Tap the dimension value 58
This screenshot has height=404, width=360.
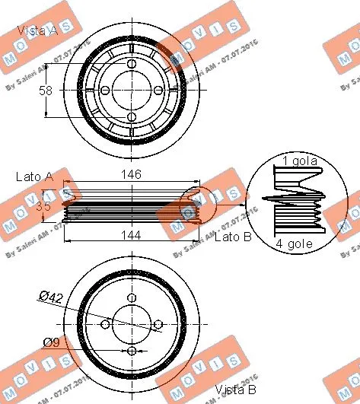coord(46,91)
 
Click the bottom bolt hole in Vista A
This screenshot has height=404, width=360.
coord(132,116)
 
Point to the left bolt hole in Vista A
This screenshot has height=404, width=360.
coord(106,90)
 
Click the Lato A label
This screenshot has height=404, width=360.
coord(34,177)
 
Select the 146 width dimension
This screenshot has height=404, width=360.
coord(132,175)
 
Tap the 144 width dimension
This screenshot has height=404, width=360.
coord(132,235)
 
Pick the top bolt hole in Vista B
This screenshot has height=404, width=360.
coord(132,298)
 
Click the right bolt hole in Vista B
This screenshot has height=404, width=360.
coord(158,325)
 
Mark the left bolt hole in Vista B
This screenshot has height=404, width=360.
coord(106,325)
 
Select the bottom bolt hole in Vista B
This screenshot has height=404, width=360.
coord(132,351)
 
